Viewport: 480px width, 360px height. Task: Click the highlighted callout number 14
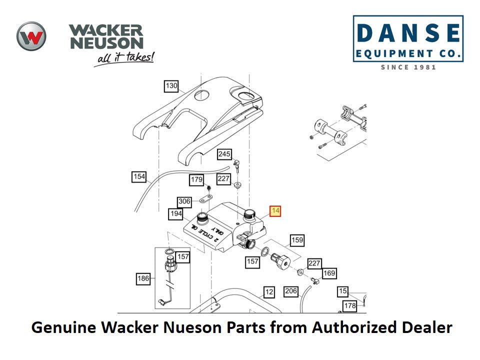click(x=275, y=211)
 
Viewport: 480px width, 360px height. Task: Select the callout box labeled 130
click(x=171, y=86)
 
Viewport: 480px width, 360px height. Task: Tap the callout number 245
click(x=224, y=154)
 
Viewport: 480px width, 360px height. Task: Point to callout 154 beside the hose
click(x=139, y=177)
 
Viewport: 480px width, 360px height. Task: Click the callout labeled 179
click(x=196, y=179)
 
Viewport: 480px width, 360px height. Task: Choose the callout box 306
click(x=184, y=201)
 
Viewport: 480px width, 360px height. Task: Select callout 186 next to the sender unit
click(x=143, y=278)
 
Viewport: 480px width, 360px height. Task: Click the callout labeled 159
click(x=297, y=240)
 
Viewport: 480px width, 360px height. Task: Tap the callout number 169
click(x=329, y=273)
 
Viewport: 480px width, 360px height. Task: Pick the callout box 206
click(x=291, y=291)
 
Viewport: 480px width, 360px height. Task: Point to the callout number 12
click(x=269, y=292)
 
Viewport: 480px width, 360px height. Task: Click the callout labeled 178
click(x=349, y=305)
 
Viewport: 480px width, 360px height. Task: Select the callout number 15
click(x=342, y=291)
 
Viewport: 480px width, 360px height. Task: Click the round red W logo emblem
click(x=31, y=36)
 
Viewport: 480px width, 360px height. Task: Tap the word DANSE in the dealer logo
click(x=408, y=33)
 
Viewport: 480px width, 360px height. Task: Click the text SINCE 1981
click(x=408, y=67)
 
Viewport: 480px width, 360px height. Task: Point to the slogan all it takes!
click(x=124, y=58)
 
